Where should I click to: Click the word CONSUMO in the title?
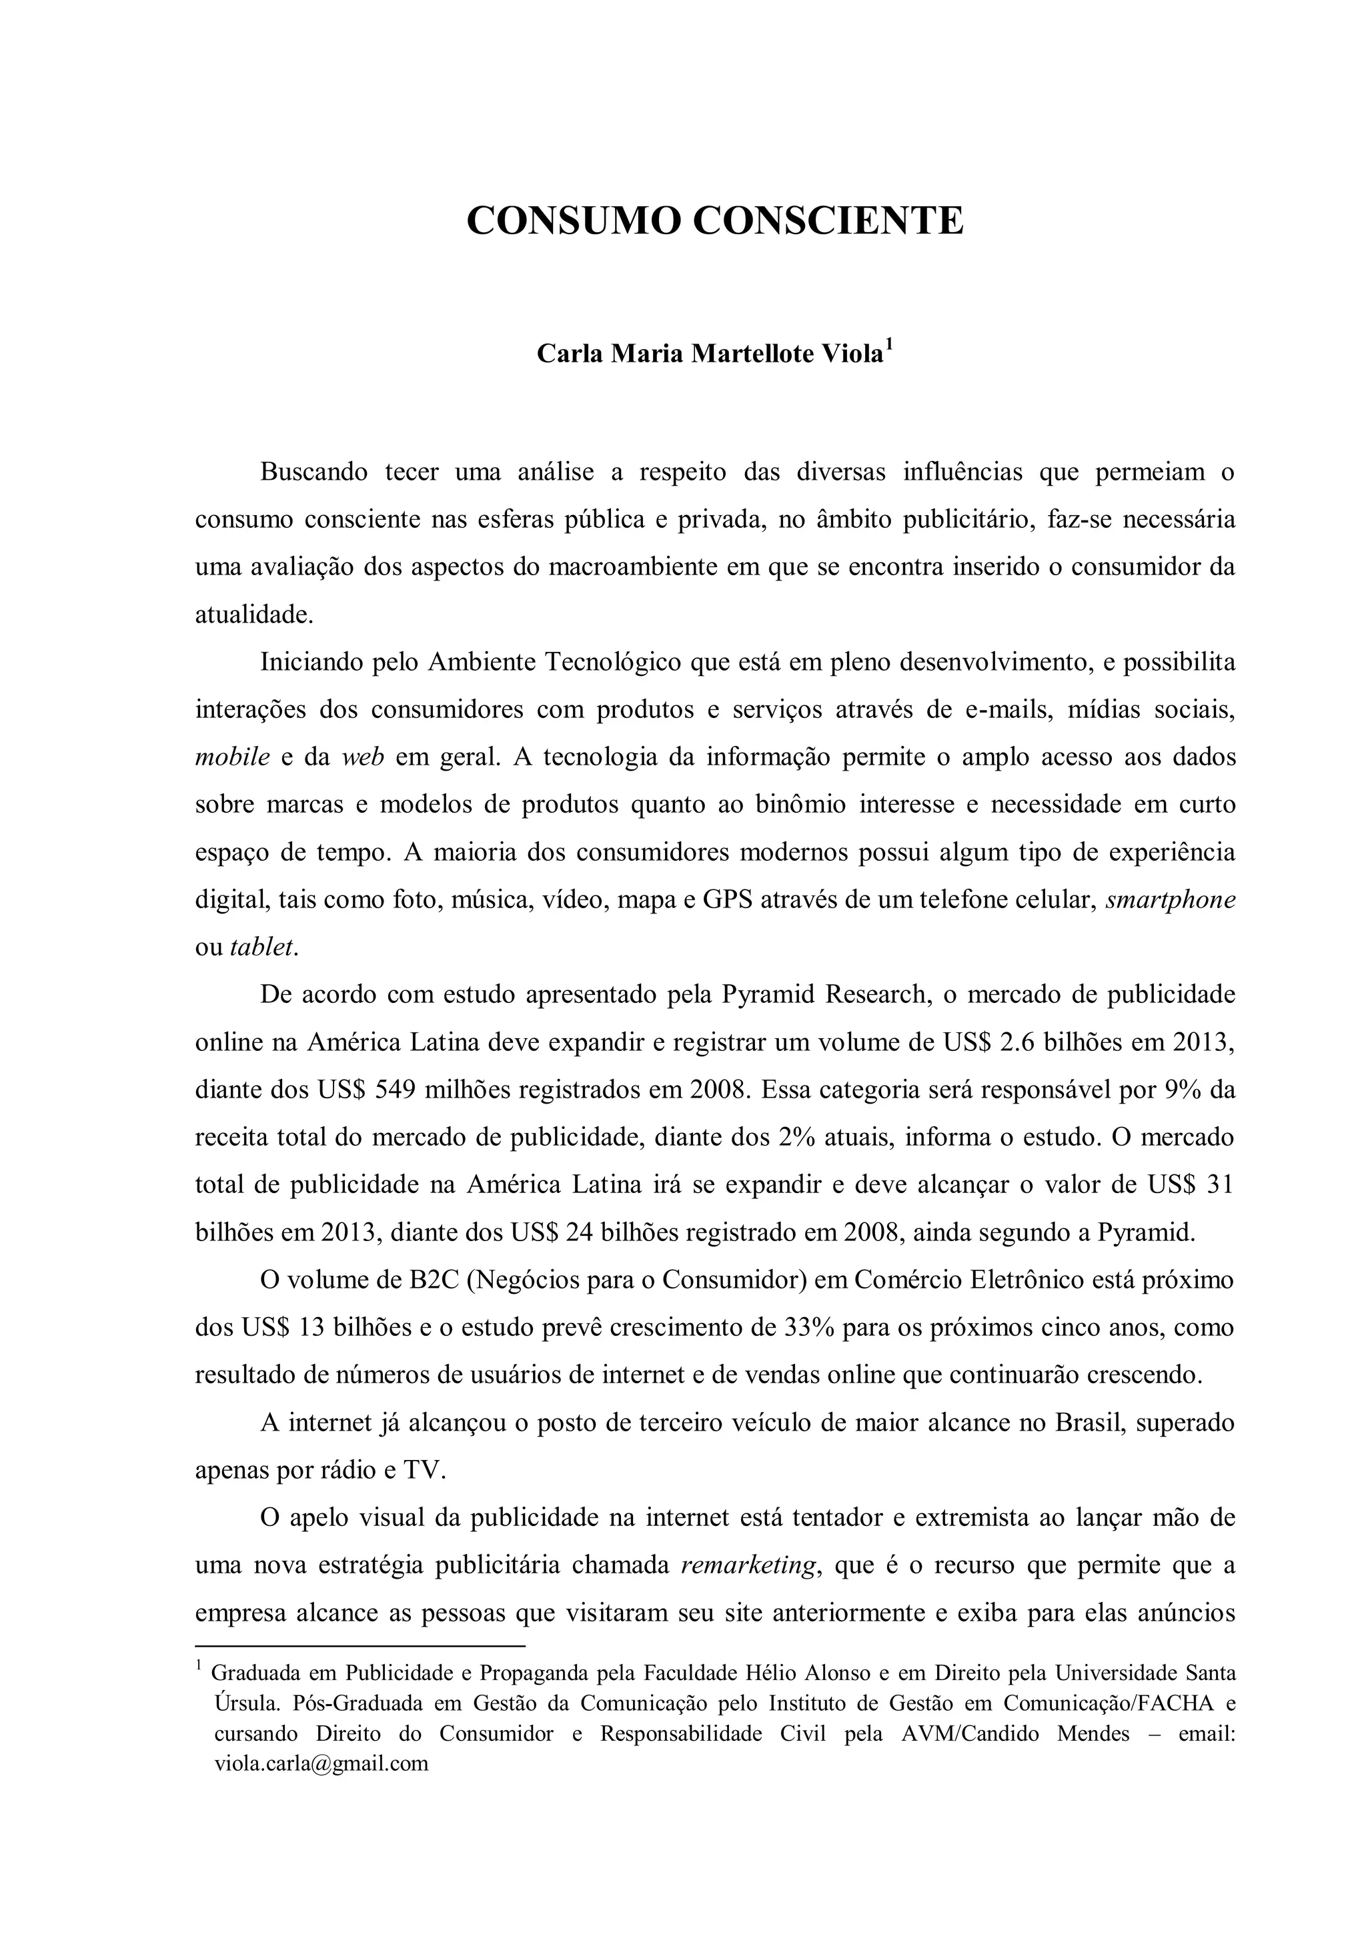[572, 221]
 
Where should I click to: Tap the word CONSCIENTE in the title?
[827, 221]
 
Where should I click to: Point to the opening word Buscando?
[314, 472]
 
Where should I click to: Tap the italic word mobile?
[232, 757]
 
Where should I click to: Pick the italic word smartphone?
[1171, 899]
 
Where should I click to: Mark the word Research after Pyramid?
[875, 994]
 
